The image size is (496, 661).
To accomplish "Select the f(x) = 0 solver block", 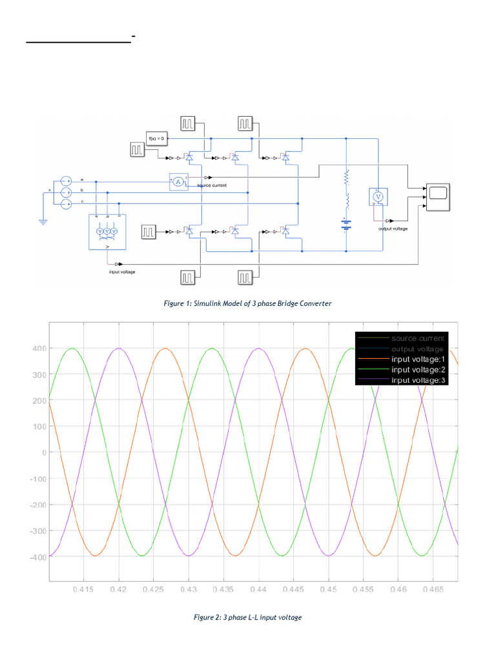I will pos(158,138).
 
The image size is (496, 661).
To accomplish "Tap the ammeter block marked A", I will pos(178,182).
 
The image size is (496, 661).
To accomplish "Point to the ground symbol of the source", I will pos(43,221).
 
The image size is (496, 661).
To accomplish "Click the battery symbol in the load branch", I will pos(347,225).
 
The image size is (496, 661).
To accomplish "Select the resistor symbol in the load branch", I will pos(347,176).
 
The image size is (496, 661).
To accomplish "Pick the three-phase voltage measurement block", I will pos(107,231).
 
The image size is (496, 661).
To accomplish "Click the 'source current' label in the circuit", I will pos(212,185).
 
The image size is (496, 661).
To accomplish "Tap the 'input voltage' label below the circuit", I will pos(122,272).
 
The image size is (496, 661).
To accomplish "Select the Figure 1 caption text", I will pos(248,303).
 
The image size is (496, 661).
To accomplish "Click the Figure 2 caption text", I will pos(248,618).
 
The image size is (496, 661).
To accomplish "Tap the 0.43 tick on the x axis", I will pos(189,590).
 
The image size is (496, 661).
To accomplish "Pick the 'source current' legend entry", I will pos(417,338).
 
